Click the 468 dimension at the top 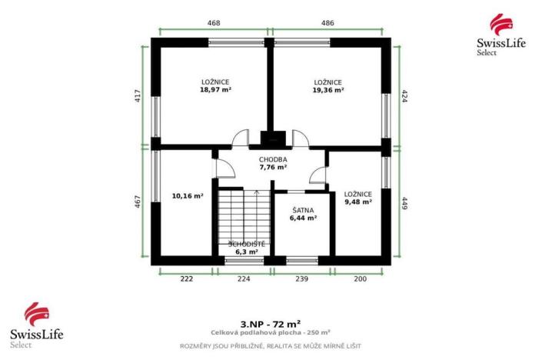pos(214,23)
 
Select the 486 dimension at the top pos(328,23)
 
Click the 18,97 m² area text pos(215,90)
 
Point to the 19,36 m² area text pos(328,90)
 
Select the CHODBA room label pos(273,159)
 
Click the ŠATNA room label pos(303,209)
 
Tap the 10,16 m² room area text pos(188,196)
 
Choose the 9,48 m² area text pos(358,202)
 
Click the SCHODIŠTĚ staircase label pos(248,243)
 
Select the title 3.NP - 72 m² pos(271,325)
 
